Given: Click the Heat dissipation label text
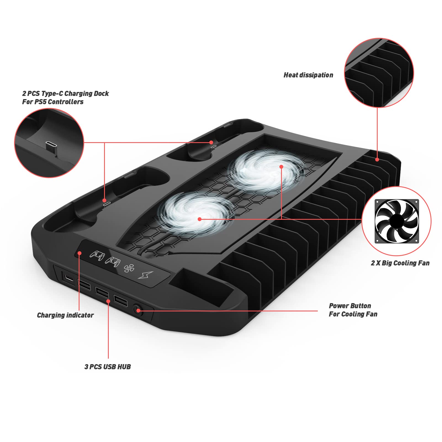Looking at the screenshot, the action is pos(308,75).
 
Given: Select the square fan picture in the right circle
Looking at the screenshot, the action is pos(397,221).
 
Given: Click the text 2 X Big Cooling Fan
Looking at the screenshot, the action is pos(400,263).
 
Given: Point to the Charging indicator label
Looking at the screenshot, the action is pos(65,315).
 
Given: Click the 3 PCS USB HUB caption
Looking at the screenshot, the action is pos(108,367).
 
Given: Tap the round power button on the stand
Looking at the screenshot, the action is pos(137,309).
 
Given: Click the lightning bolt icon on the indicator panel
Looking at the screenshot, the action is pos(145,274).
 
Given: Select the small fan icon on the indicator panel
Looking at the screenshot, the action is pos(129,268).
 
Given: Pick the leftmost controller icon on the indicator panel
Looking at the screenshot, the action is pos(97,255).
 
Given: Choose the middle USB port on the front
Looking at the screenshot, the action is pos(102,292).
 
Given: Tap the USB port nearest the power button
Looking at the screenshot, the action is pos(121,301).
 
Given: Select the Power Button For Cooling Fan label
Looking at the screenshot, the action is pos(353,310).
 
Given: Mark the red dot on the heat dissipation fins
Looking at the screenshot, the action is pos(377,159).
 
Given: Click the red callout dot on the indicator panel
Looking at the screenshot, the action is pos(79,253).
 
